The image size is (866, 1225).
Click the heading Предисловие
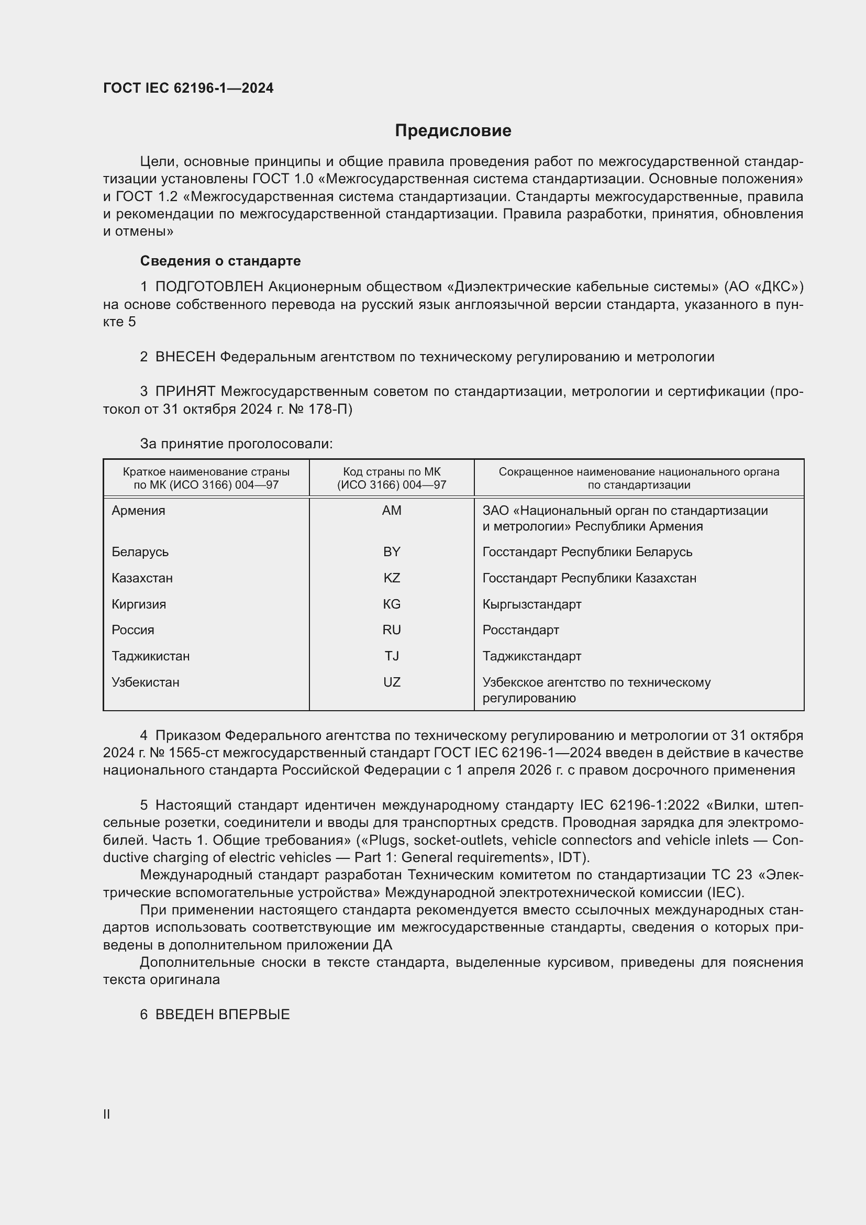453,131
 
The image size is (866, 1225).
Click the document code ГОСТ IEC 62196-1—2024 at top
188,88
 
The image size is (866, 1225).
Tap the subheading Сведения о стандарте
220,261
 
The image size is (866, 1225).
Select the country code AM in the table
392,511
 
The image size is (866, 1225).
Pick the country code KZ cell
392,578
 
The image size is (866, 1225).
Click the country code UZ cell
392,682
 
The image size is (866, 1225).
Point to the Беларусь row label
140,552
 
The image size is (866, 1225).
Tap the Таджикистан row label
150,656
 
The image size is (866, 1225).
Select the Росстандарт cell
520,630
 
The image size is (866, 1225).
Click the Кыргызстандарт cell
531,604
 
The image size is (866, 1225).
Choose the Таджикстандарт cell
531,656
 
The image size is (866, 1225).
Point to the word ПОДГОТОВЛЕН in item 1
209,287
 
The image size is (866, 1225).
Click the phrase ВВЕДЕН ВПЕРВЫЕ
223,1014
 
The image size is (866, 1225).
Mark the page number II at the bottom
107,1114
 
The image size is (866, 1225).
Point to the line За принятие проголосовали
236,444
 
